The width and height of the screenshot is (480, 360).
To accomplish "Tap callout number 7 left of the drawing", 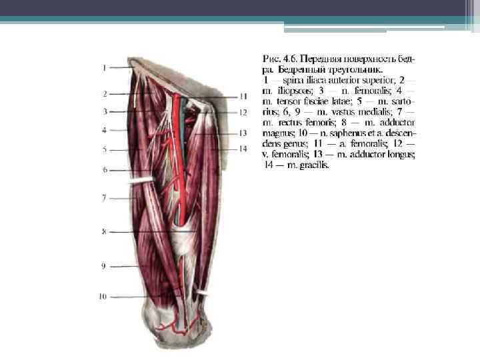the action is [105, 198].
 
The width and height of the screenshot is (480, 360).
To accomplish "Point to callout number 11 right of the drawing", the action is [243, 97].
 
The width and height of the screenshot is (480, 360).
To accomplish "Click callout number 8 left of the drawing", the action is [105, 231].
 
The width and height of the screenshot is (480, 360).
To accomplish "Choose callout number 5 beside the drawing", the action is [105, 150].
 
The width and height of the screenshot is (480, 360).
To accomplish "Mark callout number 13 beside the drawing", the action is [243, 133].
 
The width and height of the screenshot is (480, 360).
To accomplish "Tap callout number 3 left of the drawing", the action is [105, 111].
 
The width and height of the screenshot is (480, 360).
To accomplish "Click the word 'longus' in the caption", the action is [399, 155].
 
